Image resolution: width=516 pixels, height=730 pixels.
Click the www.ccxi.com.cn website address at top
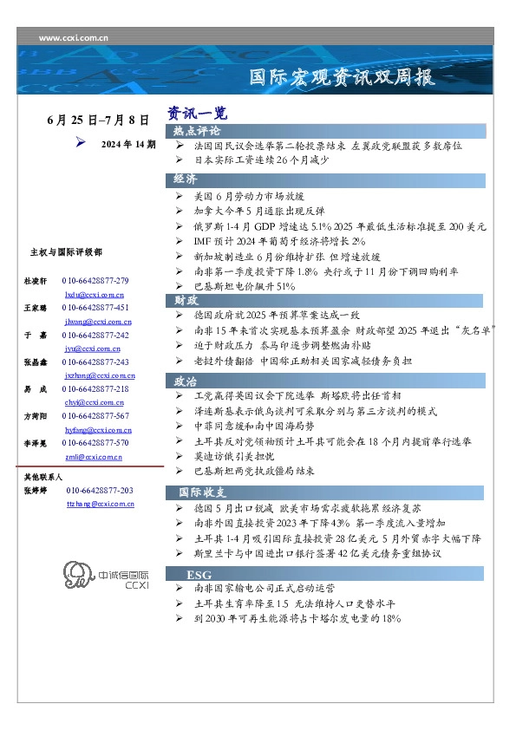[x=74, y=38]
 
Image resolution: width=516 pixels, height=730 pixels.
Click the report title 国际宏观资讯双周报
[x=341, y=76]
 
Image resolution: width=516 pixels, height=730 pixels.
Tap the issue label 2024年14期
[x=128, y=144]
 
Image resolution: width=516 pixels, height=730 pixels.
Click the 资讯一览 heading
[x=198, y=114]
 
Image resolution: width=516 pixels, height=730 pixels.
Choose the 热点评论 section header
[x=197, y=131]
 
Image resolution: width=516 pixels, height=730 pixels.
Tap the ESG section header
[x=200, y=574]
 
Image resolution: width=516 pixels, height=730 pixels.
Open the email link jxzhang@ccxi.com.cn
[x=99, y=375]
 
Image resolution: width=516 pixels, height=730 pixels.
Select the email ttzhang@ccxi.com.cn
[x=99, y=503]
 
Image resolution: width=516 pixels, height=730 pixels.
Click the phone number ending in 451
[x=95, y=308]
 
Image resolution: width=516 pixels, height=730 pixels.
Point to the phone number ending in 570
[x=95, y=443]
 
